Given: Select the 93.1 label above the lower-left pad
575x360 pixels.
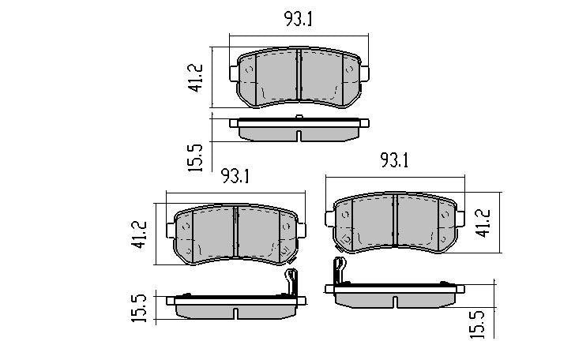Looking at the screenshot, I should point(235,177).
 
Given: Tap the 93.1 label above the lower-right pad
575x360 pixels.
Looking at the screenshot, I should point(394,161).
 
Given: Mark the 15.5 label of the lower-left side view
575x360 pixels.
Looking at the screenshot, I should point(139,307).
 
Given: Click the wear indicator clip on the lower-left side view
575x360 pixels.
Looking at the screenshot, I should point(290,279).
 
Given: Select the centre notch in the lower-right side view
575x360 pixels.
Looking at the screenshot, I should point(395,301).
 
